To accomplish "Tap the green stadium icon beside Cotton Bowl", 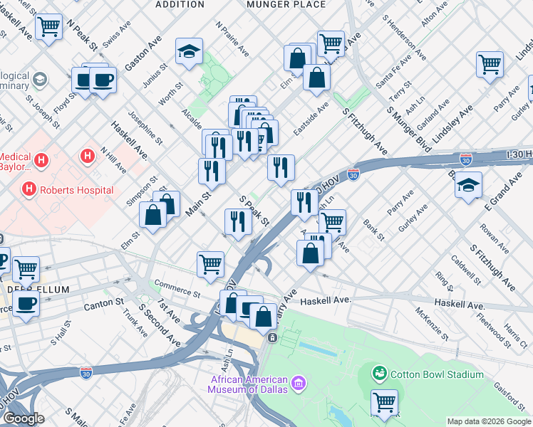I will tap(380, 373).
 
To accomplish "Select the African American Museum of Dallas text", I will tap(248, 384).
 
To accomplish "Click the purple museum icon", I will tap(298, 385).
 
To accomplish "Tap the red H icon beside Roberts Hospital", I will tap(29, 189).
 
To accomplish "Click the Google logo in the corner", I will tap(23, 418).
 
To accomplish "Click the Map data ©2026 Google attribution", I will tap(489, 421).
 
